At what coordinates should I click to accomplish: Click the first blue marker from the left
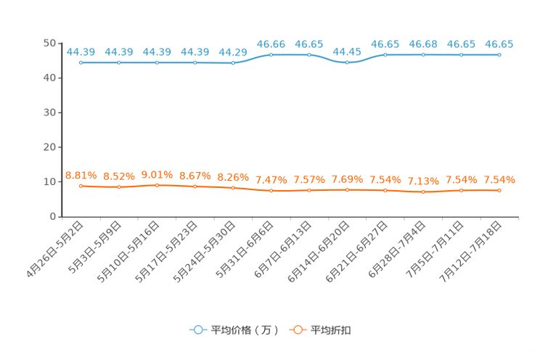pyautogui.click(x=81, y=63)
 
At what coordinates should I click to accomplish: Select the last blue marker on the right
pyautogui.click(x=499, y=55)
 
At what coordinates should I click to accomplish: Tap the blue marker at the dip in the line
pyautogui.click(x=348, y=63)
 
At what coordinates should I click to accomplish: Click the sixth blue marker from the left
pyautogui.click(x=271, y=54)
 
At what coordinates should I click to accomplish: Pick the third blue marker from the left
pyautogui.click(x=157, y=63)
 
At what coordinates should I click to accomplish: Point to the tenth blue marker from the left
pyautogui.click(x=423, y=55)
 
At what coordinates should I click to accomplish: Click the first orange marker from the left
pyautogui.click(x=81, y=187)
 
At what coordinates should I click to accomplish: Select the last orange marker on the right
pyautogui.click(x=499, y=191)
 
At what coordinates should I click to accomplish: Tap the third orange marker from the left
pyautogui.click(x=157, y=186)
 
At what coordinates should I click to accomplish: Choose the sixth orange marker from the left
pyautogui.click(x=271, y=192)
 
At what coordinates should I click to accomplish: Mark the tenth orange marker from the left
pyautogui.click(x=423, y=192)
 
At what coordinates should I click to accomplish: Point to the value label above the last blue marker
pyautogui.click(x=499, y=44)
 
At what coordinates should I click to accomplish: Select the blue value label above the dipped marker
pyautogui.click(x=348, y=52)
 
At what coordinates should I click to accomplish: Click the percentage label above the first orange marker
pyautogui.click(x=81, y=175)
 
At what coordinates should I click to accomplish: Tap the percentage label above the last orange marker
pyautogui.click(x=499, y=179)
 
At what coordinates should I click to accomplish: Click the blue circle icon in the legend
pyautogui.click(x=197, y=330)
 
